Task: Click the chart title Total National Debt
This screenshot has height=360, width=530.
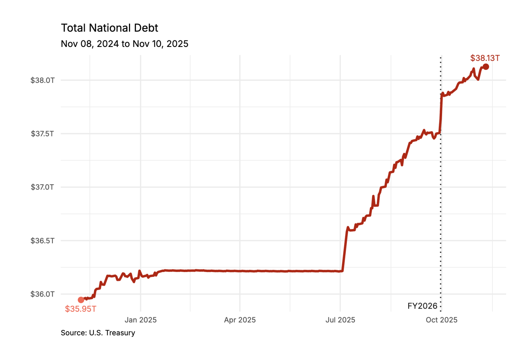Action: [x=109, y=28]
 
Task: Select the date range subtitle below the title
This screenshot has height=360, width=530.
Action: [x=125, y=44]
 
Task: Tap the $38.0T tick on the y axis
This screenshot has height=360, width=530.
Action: [x=42, y=80]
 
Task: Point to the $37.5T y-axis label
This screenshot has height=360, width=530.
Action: [x=42, y=134]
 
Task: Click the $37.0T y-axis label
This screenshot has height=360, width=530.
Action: [x=42, y=187]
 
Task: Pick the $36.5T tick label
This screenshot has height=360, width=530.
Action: [x=42, y=241]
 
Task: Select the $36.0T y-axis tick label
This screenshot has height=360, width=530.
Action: [x=42, y=294]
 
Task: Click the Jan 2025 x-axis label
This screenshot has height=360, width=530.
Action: [x=140, y=320]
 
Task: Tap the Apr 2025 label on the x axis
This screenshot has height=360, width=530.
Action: [x=240, y=320]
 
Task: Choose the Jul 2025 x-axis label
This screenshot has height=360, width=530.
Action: [x=340, y=320]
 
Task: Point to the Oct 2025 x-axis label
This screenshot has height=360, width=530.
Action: [x=441, y=320]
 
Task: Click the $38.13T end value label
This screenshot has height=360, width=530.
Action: [x=485, y=58]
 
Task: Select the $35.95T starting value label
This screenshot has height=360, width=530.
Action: [x=80, y=309]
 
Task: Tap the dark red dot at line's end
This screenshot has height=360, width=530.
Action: [x=485, y=67]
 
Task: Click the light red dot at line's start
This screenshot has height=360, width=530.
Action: [x=81, y=300]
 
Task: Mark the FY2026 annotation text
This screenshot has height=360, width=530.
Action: [x=422, y=306]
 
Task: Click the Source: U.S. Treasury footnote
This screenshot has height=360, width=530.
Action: [x=98, y=333]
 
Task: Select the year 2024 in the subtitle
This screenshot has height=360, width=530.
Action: [x=108, y=44]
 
